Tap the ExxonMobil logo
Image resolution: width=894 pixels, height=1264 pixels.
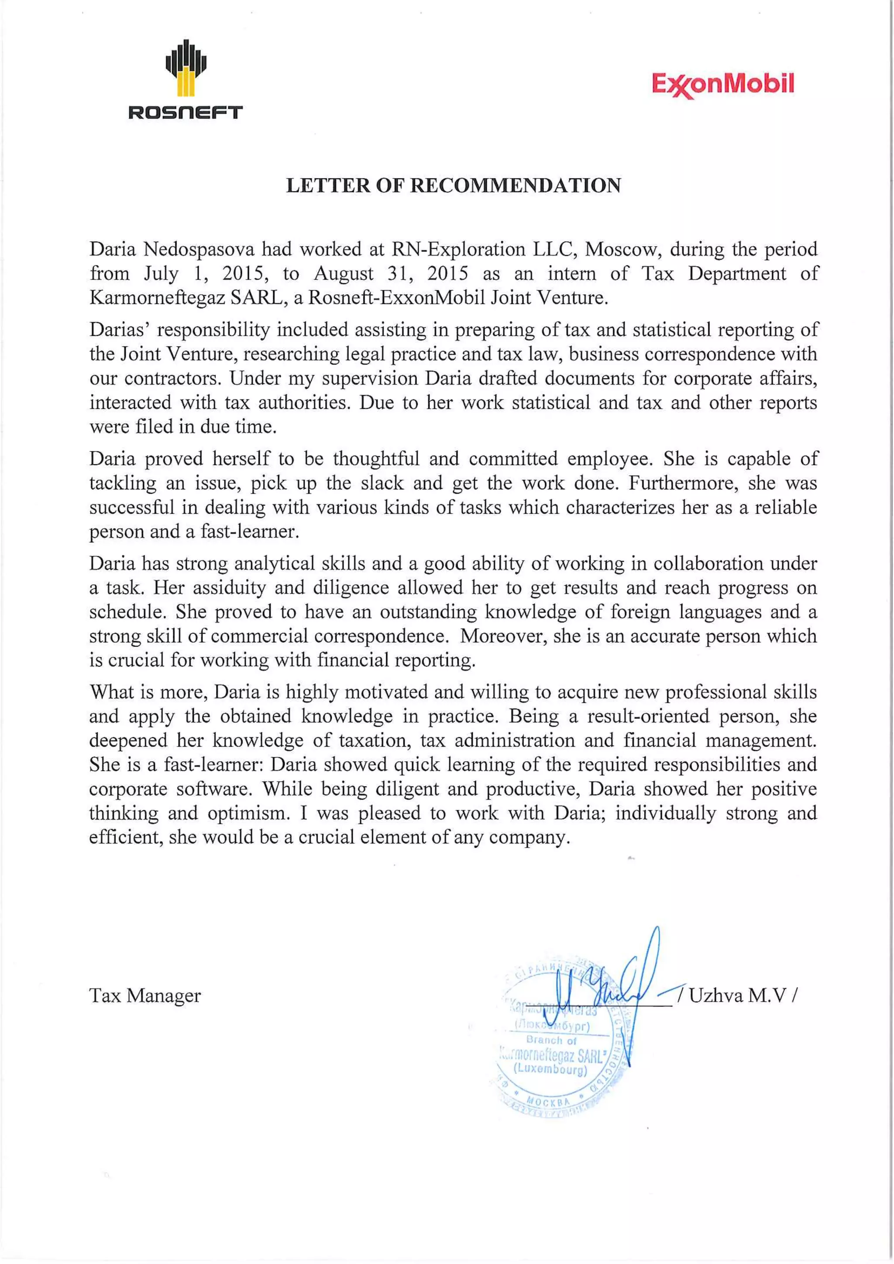(x=723, y=84)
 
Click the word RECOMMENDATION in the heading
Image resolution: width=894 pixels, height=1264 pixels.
(x=516, y=185)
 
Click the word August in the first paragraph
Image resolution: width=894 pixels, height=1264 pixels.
(x=344, y=274)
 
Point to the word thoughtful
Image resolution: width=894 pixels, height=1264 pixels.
(x=376, y=459)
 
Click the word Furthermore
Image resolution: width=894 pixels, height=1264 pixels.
(x=683, y=483)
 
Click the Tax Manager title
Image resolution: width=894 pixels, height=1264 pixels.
(x=145, y=995)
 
